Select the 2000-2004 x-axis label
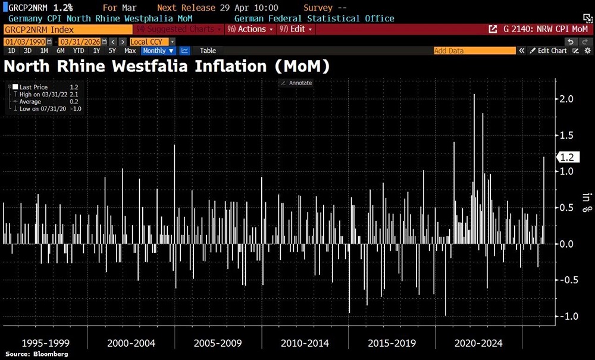pos(131,343)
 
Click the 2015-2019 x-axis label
pos(392,343)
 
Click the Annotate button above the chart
pos(296,83)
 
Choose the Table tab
pos(208,51)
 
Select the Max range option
pos(130,51)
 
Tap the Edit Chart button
pos(549,51)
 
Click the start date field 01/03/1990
pos(29,42)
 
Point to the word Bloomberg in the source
pos(51,354)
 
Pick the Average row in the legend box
pos(31,102)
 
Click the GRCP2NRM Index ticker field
pos(67,29)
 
